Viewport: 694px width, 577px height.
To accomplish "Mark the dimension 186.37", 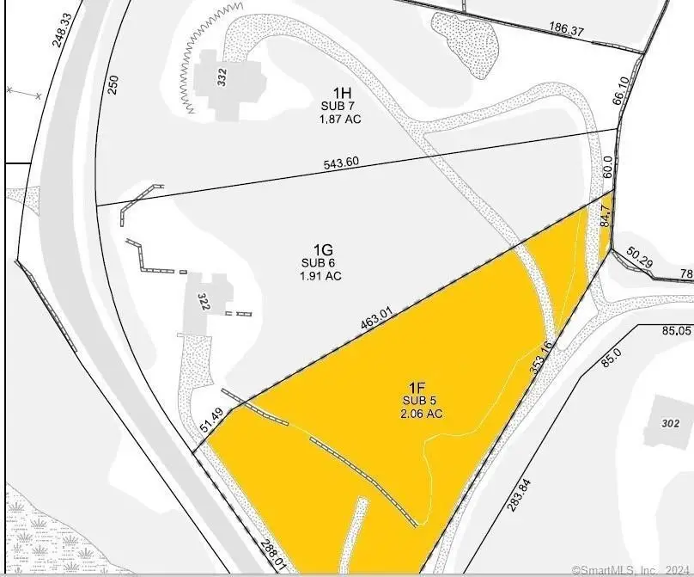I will point(566,30).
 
